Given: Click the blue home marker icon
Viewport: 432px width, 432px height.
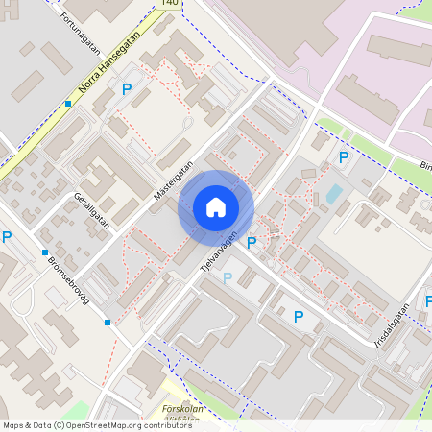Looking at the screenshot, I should (x=215, y=207).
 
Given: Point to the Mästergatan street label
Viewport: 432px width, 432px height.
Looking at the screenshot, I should (x=173, y=180).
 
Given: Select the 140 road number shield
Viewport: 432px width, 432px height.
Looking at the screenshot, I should (x=170, y=4).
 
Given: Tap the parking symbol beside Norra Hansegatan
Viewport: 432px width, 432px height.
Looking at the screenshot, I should (x=126, y=89).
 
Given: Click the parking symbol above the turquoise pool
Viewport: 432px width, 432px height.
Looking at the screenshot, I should (x=343, y=157).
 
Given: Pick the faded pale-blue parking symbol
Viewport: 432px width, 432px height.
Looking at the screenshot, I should (x=228, y=278).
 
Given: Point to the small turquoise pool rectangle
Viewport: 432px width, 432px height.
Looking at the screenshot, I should (x=333, y=193).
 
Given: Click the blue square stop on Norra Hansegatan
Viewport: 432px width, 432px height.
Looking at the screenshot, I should (x=68, y=104).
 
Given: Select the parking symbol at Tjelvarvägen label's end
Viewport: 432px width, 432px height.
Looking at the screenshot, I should (x=252, y=244).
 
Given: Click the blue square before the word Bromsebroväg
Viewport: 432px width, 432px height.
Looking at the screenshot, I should (x=45, y=252).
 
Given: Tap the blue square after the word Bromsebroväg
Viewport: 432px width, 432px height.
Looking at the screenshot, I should (x=107, y=323).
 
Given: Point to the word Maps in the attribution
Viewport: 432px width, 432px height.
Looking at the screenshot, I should (x=13, y=425).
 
